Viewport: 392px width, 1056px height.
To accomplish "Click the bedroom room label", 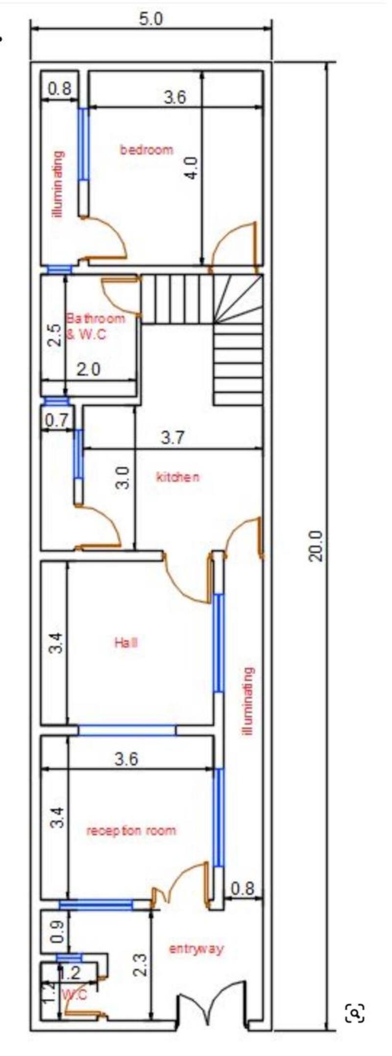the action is (x=147, y=149).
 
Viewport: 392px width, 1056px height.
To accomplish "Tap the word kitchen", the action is (x=177, y=477).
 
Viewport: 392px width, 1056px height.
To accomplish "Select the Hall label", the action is (x=126, y=642).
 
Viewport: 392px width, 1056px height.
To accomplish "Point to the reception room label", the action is (x=131, y=830).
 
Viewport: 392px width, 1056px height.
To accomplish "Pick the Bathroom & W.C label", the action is (x=95, y=326).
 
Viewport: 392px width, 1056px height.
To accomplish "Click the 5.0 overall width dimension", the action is (x=150, y=19).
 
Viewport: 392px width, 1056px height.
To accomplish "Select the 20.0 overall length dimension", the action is (x=317, y=546).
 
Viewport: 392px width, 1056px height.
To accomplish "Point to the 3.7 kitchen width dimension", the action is (x=172, y=437).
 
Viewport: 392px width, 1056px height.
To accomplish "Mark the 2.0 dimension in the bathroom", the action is (x=89, y=369).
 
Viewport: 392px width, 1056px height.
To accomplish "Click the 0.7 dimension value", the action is (x=58, y=420).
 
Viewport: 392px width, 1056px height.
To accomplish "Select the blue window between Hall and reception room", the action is (x=127, y=730).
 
